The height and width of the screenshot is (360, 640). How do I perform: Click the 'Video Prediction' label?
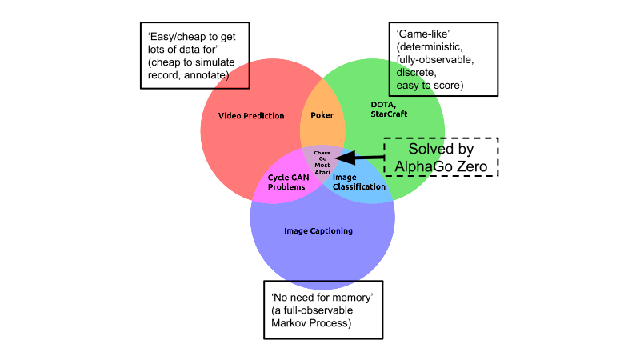click(x=251, y=116)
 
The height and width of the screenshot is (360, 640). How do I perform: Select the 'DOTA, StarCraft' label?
click(x=389, y=109)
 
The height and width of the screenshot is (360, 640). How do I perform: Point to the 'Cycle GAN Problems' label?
click(x=286, y=182)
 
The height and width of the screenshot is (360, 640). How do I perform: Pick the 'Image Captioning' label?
click(x=318, y=231)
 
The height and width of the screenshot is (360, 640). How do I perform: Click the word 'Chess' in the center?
click(x=322, y=152)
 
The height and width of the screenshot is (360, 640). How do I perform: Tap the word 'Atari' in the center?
click(x=322, y=171)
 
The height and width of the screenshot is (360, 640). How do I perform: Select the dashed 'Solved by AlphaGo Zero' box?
click(x=441, y=157)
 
